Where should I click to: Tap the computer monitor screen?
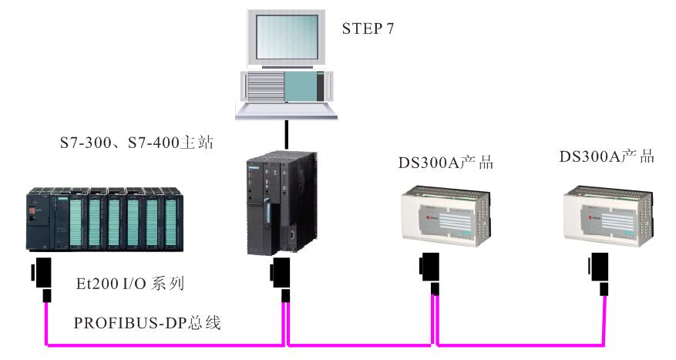point(286,39)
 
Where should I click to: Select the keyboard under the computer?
point(287,110)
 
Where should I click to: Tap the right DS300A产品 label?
point(607,156)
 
